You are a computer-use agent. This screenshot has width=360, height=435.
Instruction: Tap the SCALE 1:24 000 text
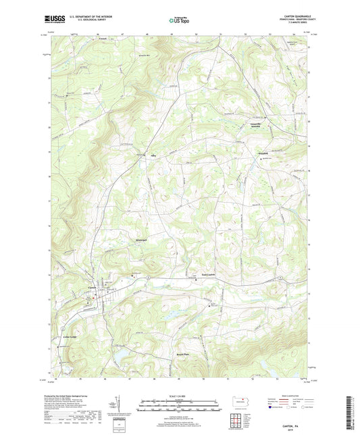tap(180, 395)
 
